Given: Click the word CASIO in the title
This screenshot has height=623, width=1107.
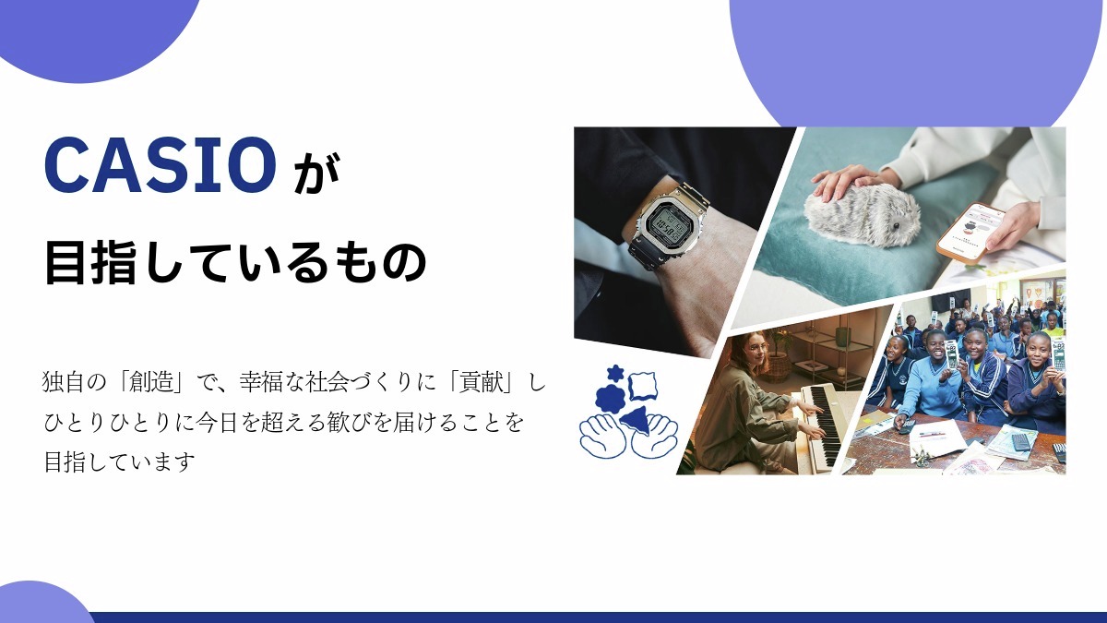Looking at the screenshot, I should (x=160, y=163).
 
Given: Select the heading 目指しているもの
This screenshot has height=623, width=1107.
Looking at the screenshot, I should (x=235, y=263).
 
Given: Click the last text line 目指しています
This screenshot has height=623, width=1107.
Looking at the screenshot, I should (x=120, y=461).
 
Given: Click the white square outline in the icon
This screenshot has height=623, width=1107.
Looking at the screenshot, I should (x=646, y=380).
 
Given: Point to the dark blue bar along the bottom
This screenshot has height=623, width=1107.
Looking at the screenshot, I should (x=600, y=617).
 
